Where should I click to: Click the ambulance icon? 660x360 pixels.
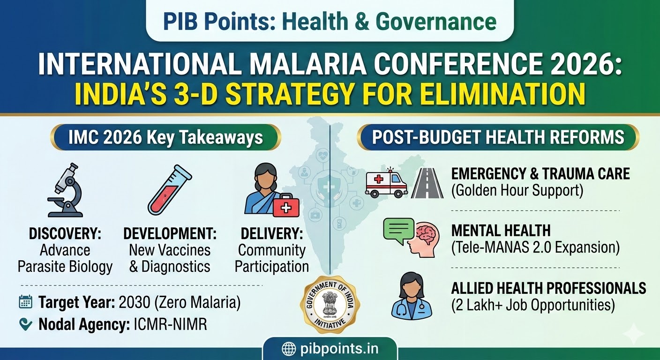point(386,183)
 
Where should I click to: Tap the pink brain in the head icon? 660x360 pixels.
point(427,235)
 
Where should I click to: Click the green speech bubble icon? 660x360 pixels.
point(398,229)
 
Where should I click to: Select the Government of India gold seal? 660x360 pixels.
point(330,305)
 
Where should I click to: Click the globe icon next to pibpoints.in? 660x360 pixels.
point(288,349)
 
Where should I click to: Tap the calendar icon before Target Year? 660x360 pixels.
point(25,302)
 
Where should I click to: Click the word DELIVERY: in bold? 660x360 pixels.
point(271,233)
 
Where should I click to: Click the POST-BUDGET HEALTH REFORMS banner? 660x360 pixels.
point(498,137)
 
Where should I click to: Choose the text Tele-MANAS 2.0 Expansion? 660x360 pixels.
point(535,247)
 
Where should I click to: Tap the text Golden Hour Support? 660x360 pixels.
point(517,191)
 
